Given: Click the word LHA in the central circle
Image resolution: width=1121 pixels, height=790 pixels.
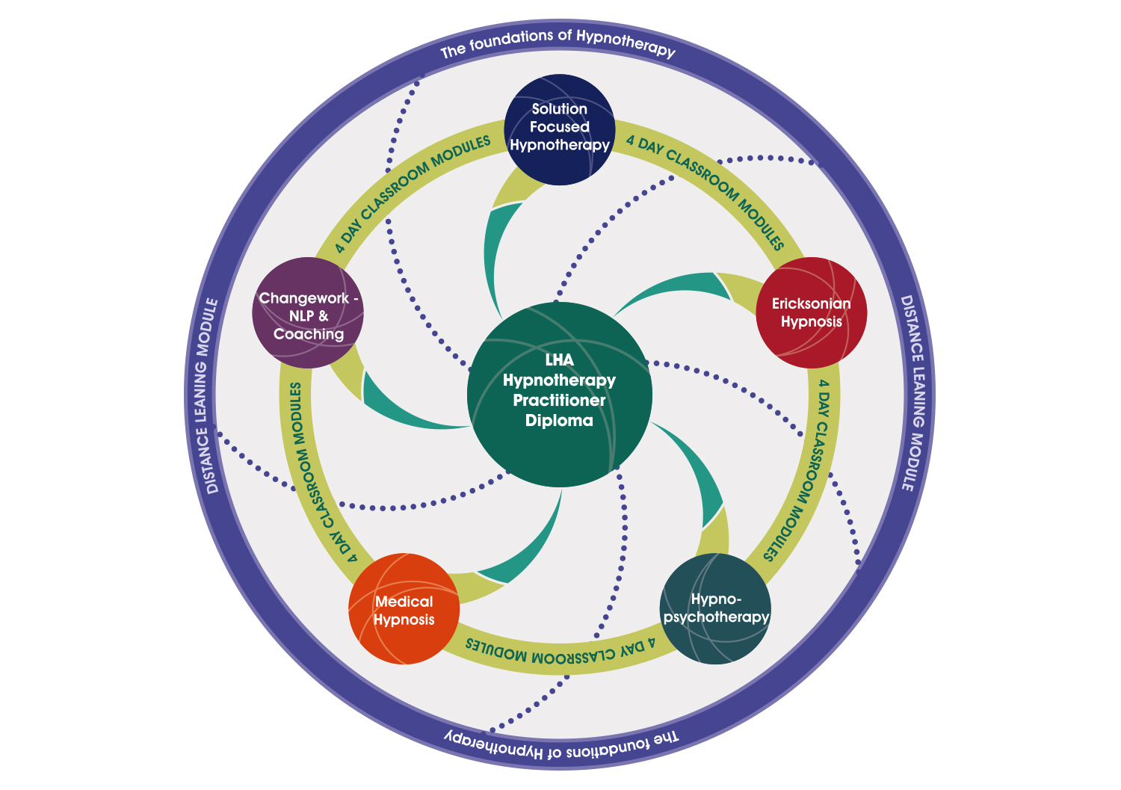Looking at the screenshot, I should pos(559,360).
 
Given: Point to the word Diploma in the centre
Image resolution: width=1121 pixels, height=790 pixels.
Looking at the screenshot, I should pos(559,420).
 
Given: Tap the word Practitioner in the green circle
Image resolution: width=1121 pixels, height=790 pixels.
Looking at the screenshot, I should pos(559,400).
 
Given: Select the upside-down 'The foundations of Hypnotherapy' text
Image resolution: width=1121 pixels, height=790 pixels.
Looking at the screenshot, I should pos(561,744).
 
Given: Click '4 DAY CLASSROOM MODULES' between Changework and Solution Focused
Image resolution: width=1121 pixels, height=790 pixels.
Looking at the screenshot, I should pos(411,193).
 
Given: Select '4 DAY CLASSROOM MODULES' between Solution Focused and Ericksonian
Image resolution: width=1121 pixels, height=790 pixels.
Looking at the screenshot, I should pos(706,191).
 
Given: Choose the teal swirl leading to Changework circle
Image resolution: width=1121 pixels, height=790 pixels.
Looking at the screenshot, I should pos(404,407).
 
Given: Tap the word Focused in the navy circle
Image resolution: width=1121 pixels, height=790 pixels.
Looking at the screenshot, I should pos(559,126).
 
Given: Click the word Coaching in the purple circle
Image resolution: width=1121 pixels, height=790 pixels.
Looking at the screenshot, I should pos(308,334).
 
